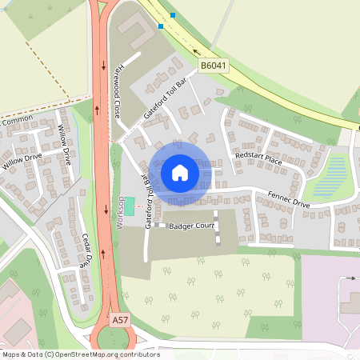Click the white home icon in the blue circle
pos(179,172)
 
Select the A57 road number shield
pos(119,320)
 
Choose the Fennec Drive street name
pos(289,198)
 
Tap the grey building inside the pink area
pos(350,303)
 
